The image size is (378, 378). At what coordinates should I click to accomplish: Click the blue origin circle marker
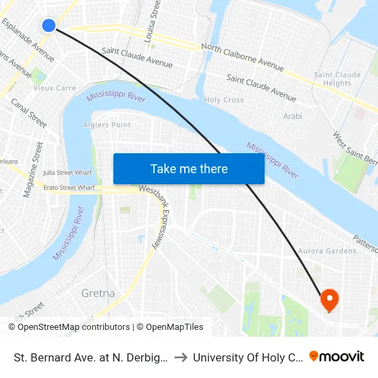point(48,25)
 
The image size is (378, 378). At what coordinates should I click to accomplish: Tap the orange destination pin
point(330,298)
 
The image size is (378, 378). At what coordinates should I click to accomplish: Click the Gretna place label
point(98,293)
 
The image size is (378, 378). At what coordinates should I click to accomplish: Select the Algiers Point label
point(107,124)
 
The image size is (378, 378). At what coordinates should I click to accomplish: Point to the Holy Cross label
point(224,100)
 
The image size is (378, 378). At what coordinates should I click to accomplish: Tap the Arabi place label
point(293,116)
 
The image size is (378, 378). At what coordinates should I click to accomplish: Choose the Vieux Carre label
point(55,88)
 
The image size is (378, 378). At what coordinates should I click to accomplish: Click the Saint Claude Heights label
point(333,79)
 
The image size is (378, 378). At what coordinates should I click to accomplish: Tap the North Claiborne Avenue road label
point(242,58)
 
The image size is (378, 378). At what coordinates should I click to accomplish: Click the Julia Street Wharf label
point(68,173)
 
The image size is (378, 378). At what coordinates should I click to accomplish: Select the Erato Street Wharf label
point(69,186)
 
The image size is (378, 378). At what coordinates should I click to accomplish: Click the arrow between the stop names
point(184,357)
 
